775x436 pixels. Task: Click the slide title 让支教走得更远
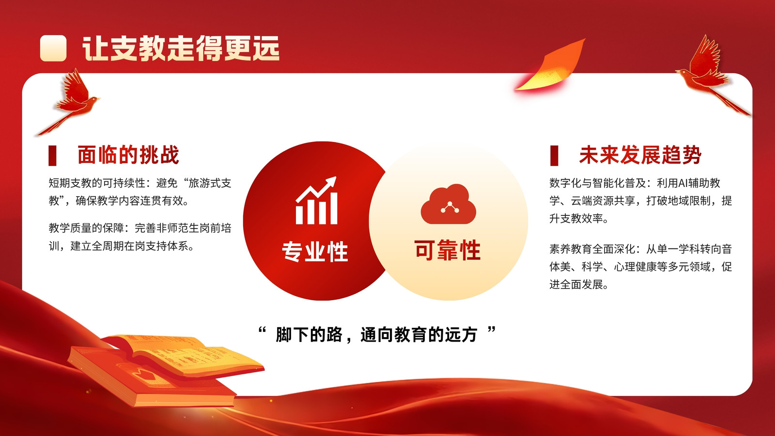tap(181, 48)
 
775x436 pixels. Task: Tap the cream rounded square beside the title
tap(53, 48)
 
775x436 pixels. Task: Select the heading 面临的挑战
tap(128, 155)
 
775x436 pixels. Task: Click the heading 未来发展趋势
tap(640, 155)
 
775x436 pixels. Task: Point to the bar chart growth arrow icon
tap(316, 201)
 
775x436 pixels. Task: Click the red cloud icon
tap(449, 204)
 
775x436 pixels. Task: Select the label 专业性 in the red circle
tap(315, 251)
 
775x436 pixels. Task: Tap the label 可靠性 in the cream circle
tap(448, 250)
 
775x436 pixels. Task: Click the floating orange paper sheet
tap(551, 66)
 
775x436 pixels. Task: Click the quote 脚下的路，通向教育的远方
tap(376, 335)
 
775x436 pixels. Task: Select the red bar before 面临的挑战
tap(52, 156)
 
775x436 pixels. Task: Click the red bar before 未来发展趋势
tap(554, 156)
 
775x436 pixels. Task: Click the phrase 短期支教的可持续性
tap(97, 183)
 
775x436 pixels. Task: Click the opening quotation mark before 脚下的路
tap(262, 330)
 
